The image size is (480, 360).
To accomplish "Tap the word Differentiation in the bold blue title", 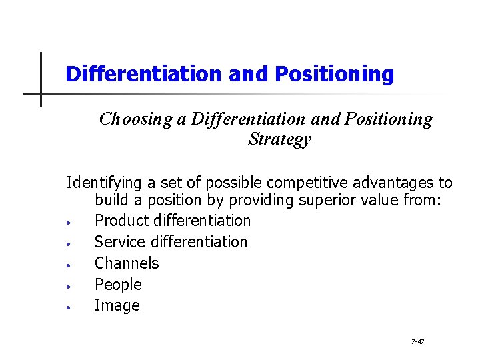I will [144, 74].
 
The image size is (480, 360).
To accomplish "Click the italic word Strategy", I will [279, 139].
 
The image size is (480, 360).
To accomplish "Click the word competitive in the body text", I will [300, 183].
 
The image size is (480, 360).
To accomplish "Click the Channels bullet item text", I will [127, 263].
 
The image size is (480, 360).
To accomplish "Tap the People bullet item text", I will [118, 285].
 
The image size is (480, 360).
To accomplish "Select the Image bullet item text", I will [117, 306].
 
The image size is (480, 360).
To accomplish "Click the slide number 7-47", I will [418, 342].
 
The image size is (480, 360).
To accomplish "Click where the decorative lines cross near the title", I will [41, 94].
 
